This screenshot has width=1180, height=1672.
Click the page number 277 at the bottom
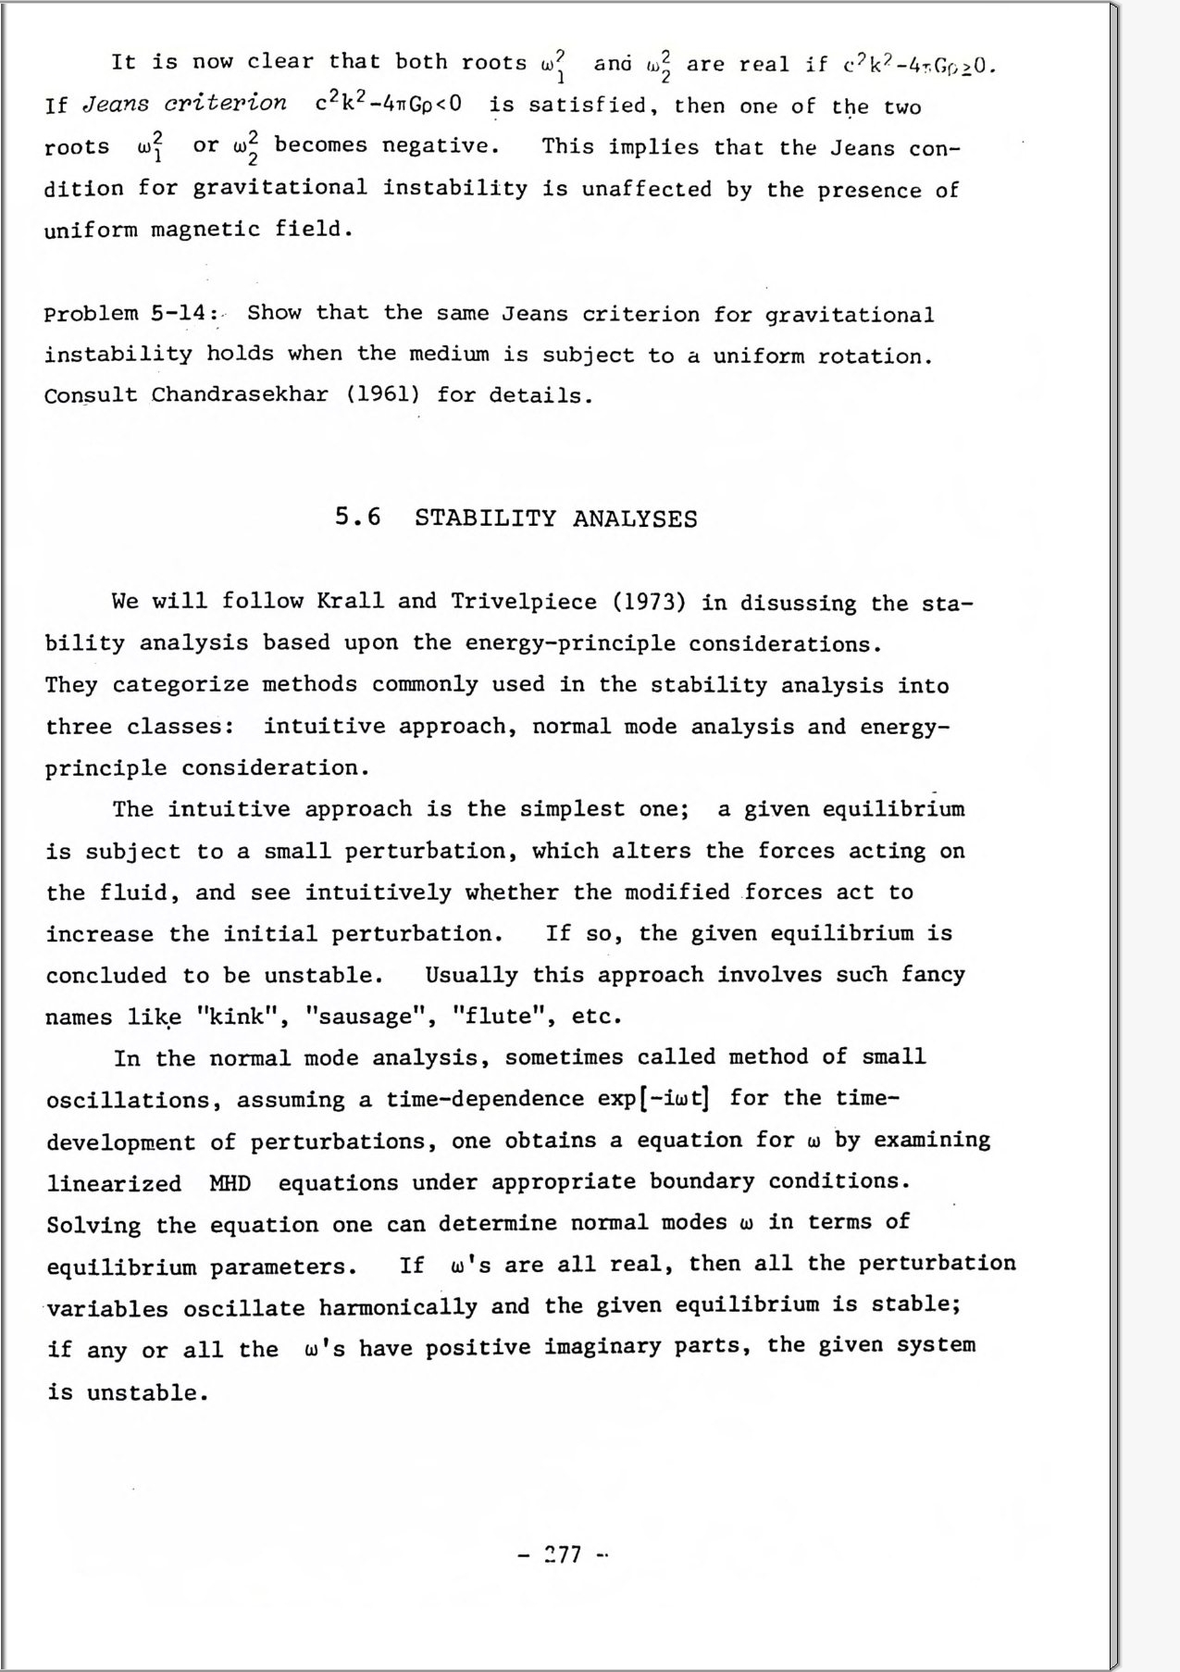point(563,1554)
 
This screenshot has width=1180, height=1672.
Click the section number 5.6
point(357,517)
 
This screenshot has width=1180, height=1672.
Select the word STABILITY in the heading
point(486,518)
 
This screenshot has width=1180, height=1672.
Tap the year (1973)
point(649,603)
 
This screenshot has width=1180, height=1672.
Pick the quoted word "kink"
point(240,1017)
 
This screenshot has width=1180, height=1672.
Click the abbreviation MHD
point(230,1183)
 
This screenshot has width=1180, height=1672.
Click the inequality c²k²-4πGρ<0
point(388,103)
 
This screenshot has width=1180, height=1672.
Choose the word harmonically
point(398,1307)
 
